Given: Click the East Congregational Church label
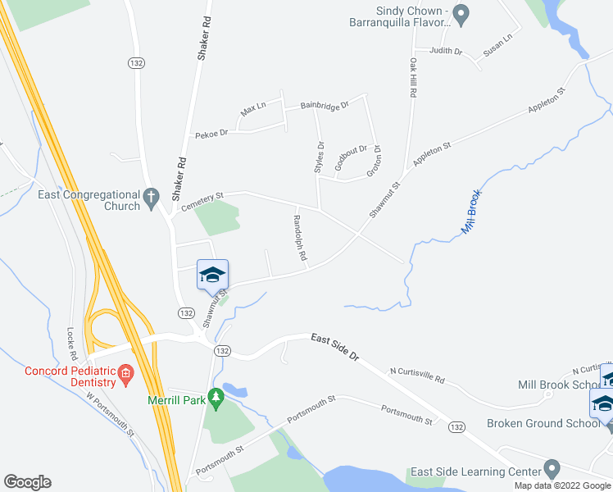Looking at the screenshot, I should pos(89,200).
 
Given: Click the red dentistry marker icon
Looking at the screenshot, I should pos(125,376).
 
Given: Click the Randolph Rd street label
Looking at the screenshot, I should pos(300,238).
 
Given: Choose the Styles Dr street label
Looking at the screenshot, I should pos(320,157).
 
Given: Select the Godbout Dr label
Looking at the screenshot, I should pos(352,157).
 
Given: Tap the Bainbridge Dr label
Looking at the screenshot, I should pos(325,105).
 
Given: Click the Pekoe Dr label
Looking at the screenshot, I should pos(211,134).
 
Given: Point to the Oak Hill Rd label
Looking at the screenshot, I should pos(414,79).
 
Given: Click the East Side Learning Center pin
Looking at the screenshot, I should pos(552,471).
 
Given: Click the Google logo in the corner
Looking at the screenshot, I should pos(27,482).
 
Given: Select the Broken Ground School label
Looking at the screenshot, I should pos(543,423).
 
